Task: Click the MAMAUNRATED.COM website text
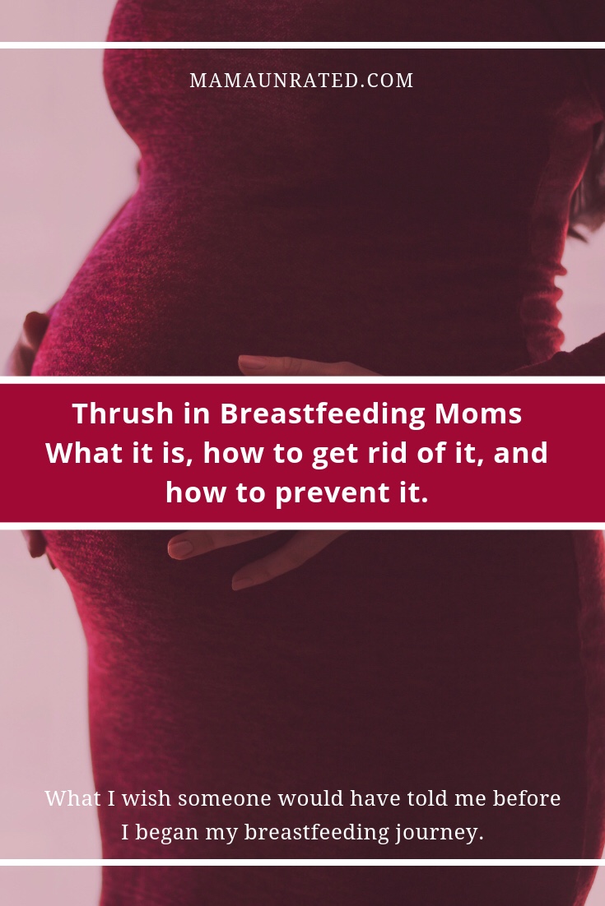301,81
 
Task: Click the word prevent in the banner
327,492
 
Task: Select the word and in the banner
520,453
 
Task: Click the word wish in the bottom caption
142,798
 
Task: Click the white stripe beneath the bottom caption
302,862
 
